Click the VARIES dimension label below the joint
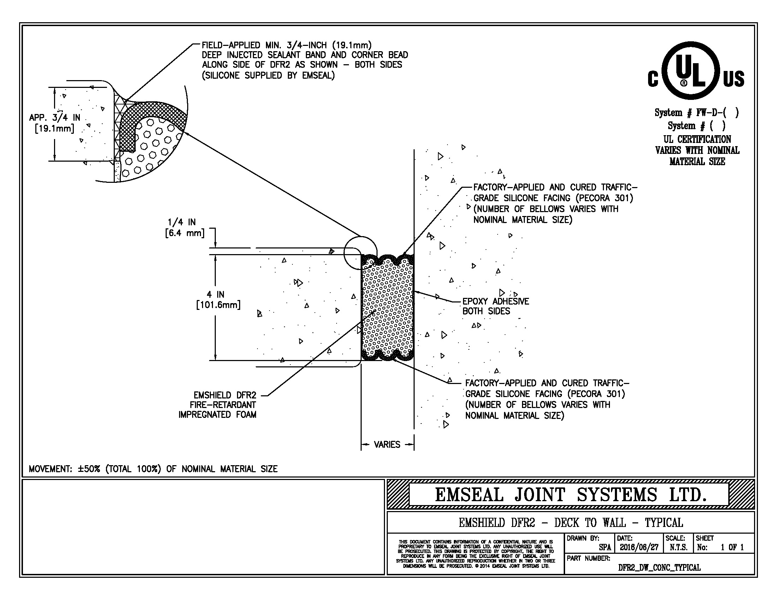coord(387,445)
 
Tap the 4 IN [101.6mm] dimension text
coord(218,300)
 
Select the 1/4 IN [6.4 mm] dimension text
coord(184,228)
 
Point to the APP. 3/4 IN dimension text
coord(54,122)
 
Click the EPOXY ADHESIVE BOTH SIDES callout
coord(495,306)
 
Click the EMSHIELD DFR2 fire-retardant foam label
coord(217,405)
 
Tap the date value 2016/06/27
coord(639,547)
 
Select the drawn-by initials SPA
coord(605,547)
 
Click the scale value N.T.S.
coord(678,547)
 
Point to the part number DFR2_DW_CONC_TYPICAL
coord(659,567)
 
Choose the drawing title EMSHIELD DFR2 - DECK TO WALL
coord(570,522)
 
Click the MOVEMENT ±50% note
coord(153,469)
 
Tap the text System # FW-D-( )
coord(696,113)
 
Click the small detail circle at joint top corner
coord(360,252)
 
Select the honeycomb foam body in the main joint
coord(387,309)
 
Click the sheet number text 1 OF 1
coord(732,547)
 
